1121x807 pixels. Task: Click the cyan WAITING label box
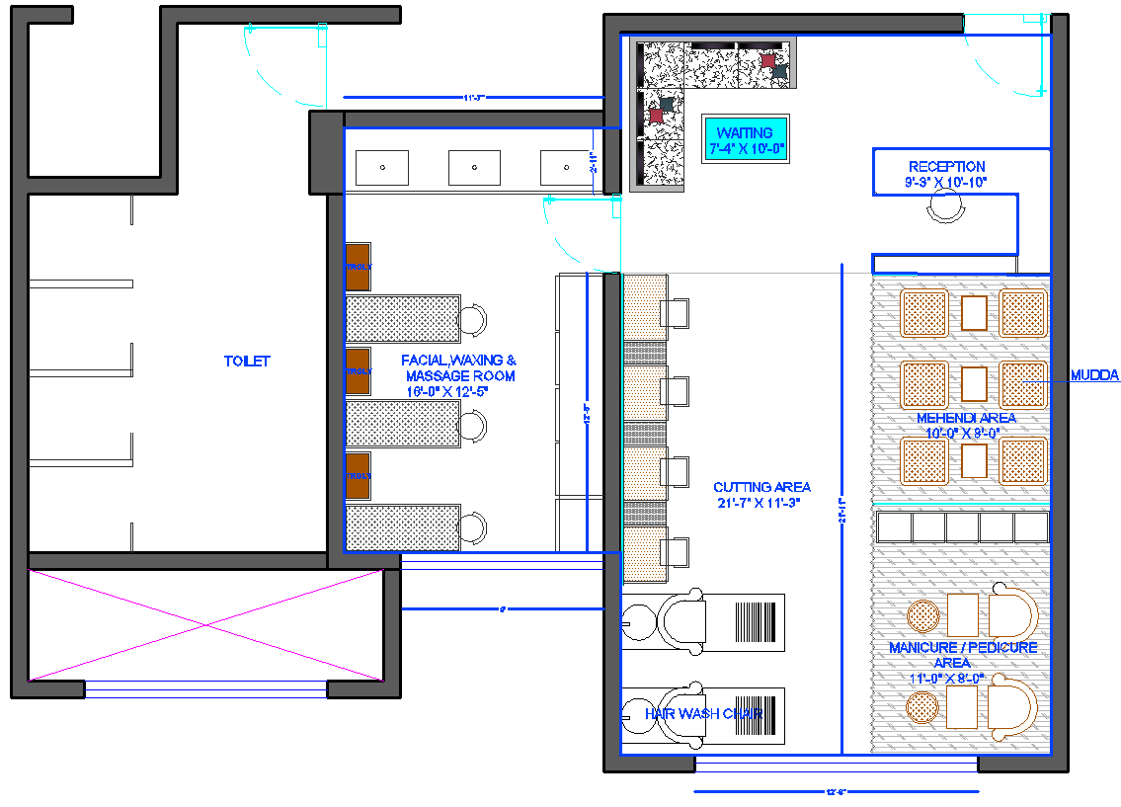point(745,139)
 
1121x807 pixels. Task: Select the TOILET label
point(246,362)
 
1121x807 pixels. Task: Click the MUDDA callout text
point(1094,375)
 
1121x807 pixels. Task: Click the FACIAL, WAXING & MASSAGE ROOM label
point(458,375)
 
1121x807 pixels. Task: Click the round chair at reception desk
point(945,207)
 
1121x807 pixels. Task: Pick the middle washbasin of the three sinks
point(474,168)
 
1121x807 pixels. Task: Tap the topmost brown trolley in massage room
point(358,267)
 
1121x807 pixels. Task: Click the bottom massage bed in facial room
point(403,526)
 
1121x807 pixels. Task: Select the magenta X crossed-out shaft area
point(205,625)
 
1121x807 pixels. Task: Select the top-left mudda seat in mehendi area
point(924,313)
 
